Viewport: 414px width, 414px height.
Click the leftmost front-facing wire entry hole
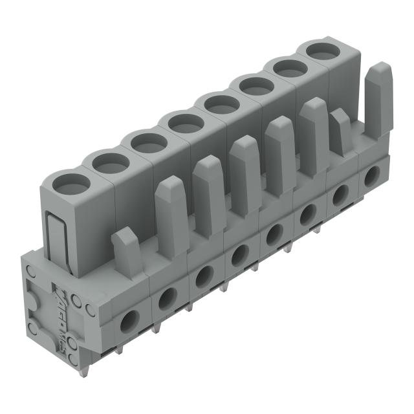pyautogui.click(x=129, y=318)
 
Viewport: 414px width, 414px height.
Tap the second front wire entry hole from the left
pyautogui.click(x=166, y=297)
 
